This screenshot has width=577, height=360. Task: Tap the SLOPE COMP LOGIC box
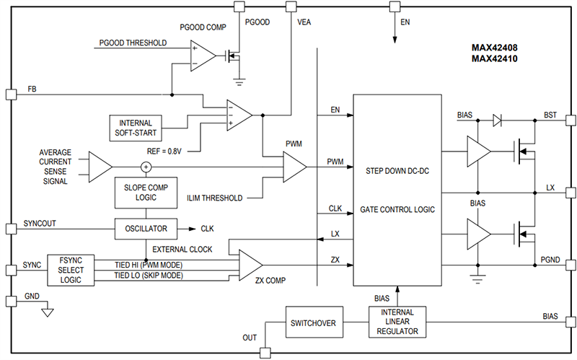pos(146,193)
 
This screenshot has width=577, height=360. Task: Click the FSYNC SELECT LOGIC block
pos(70,269)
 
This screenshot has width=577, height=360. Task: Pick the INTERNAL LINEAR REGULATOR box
pos(397,322)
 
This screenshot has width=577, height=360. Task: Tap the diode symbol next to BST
pos(498,120)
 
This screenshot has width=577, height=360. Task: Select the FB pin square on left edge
pos(9,95)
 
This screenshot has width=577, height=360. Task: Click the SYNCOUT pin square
pos(9,229)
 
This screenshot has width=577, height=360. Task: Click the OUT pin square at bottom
pos(264,353)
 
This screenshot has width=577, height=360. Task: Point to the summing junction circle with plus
pos(146,167)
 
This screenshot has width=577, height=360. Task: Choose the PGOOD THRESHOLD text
pos(132,43)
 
